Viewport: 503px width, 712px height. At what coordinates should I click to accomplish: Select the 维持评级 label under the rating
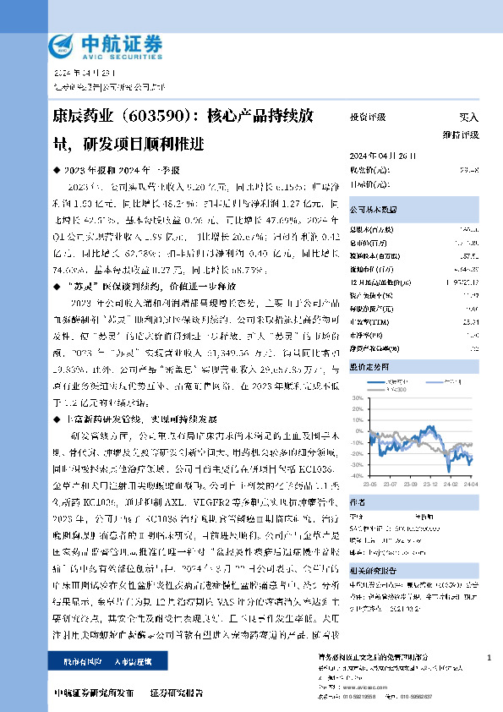(x=462, y=134)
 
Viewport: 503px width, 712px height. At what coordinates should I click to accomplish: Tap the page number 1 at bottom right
(x=489, y=657)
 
